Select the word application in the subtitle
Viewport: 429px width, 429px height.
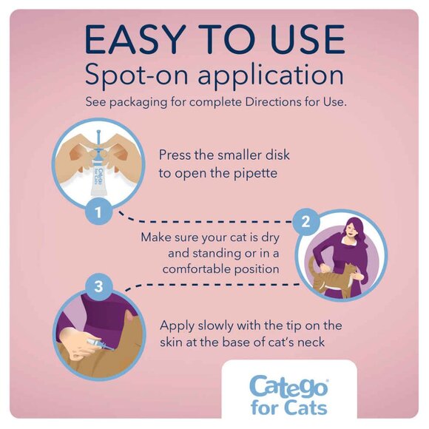tap(271, 77)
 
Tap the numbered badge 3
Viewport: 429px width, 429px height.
tap(101, 286)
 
